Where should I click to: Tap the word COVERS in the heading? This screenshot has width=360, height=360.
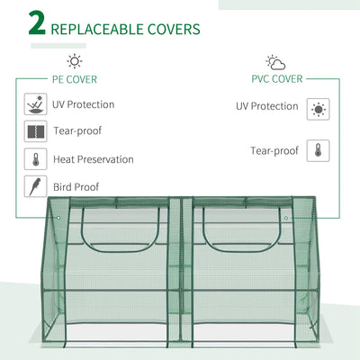click(173, 29)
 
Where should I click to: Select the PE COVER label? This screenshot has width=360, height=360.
click(74, 79)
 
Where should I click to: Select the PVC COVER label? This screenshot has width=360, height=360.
click(275, 79)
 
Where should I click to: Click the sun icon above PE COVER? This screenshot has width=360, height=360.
click(74, 61)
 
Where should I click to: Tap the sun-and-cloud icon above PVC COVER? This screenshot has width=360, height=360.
click(275, 62)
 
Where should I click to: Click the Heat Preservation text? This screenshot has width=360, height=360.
click(94, 159)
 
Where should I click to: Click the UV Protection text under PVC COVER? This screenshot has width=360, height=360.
click(266, 106)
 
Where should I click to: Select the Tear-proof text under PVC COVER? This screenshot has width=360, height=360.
click(274, 150)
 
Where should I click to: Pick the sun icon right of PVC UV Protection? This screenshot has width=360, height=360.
click(318, 110)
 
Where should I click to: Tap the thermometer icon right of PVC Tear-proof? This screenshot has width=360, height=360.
click(318, 150)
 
